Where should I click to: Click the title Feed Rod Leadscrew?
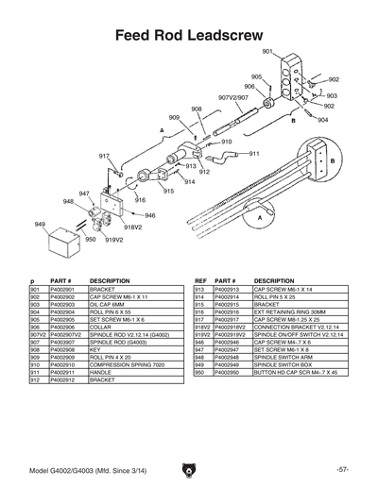pos(189,35)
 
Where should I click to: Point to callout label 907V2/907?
pos(233,97)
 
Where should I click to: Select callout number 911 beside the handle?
pos(254,152)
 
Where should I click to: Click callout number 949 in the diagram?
pos(40,224)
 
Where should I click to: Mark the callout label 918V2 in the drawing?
pos(131,227)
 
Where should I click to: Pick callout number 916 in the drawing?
pos(140,200)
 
